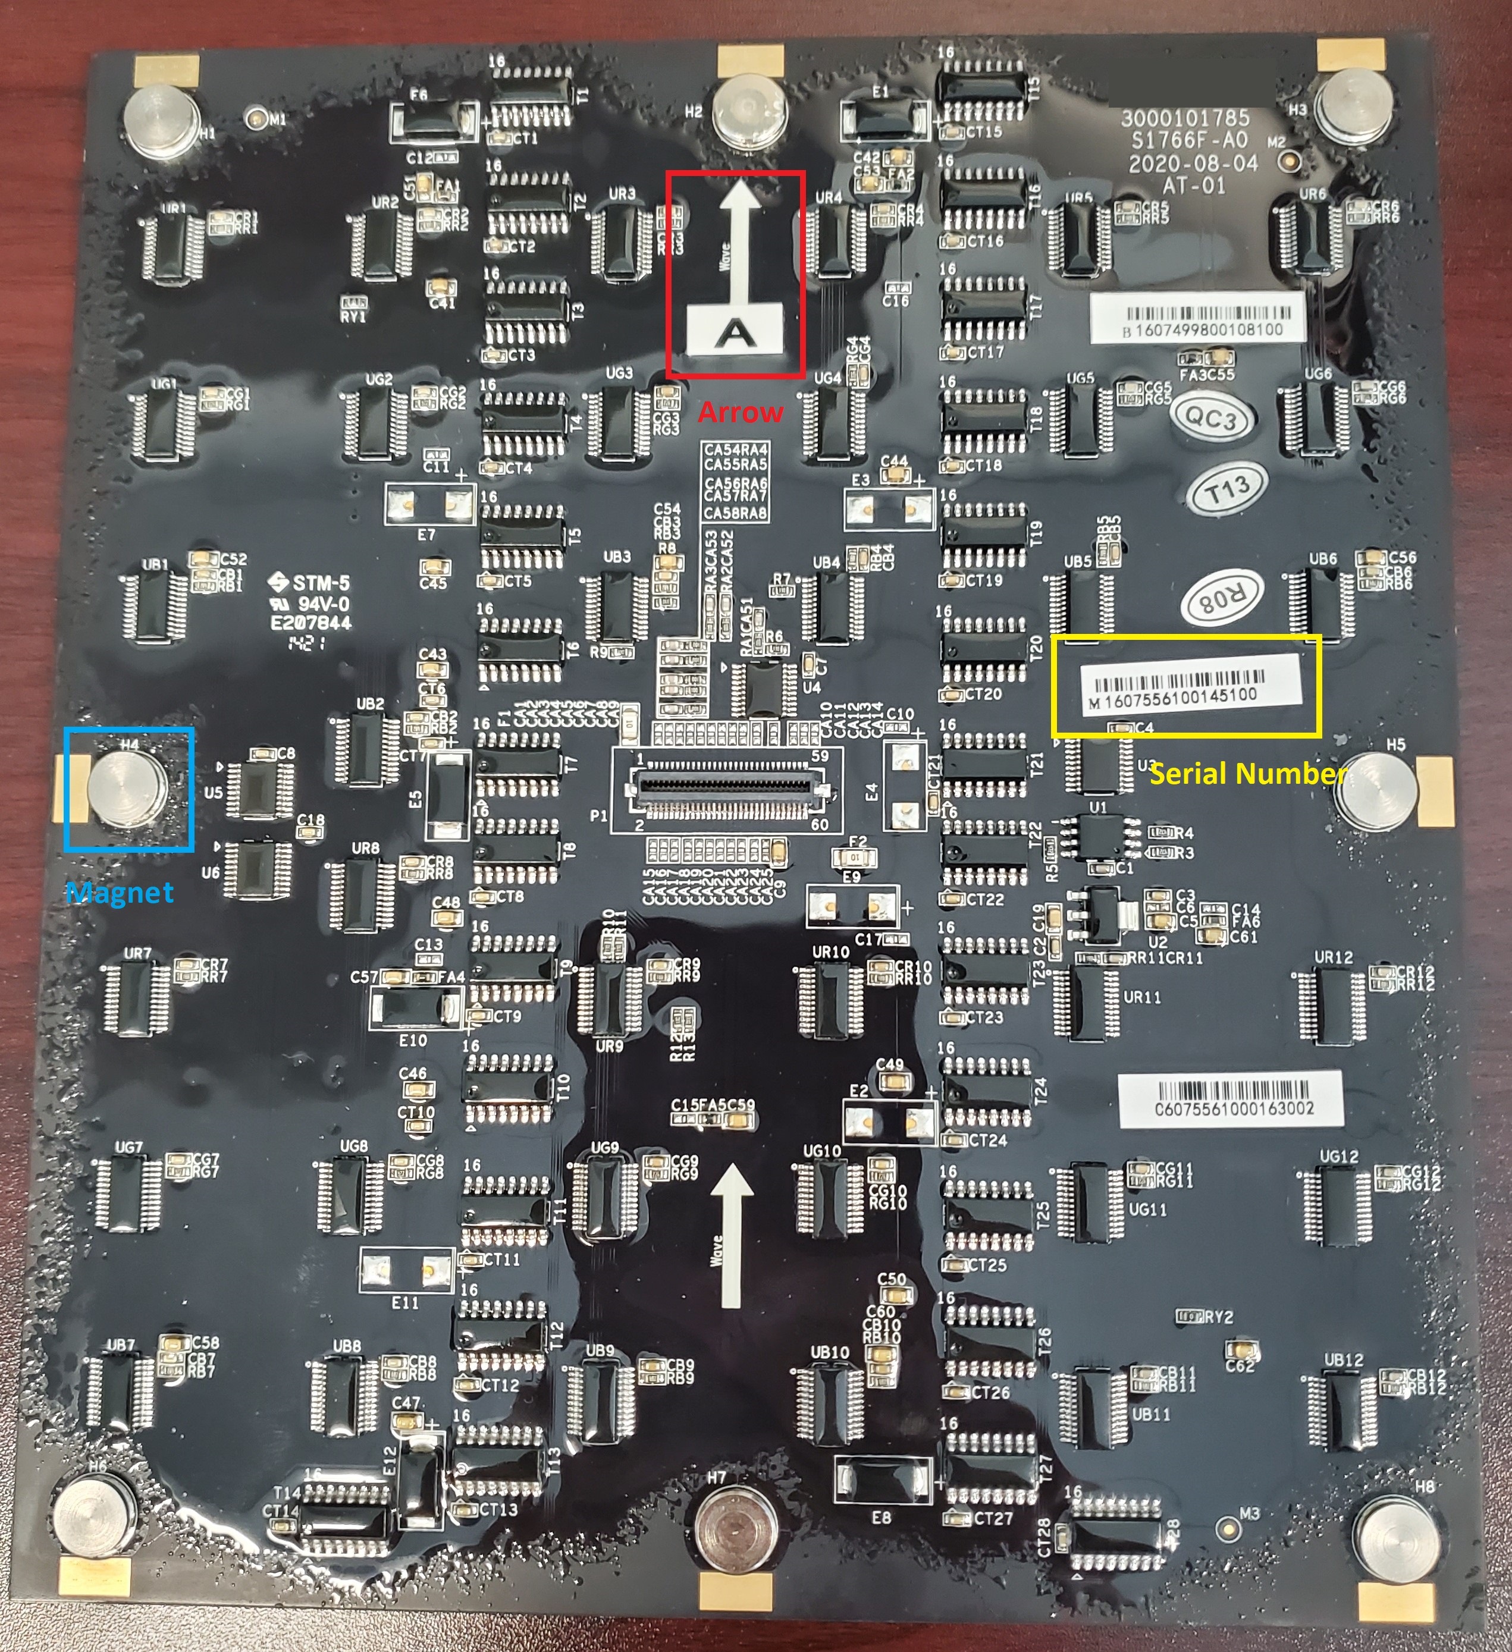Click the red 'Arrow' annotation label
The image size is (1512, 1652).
[739, 412]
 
